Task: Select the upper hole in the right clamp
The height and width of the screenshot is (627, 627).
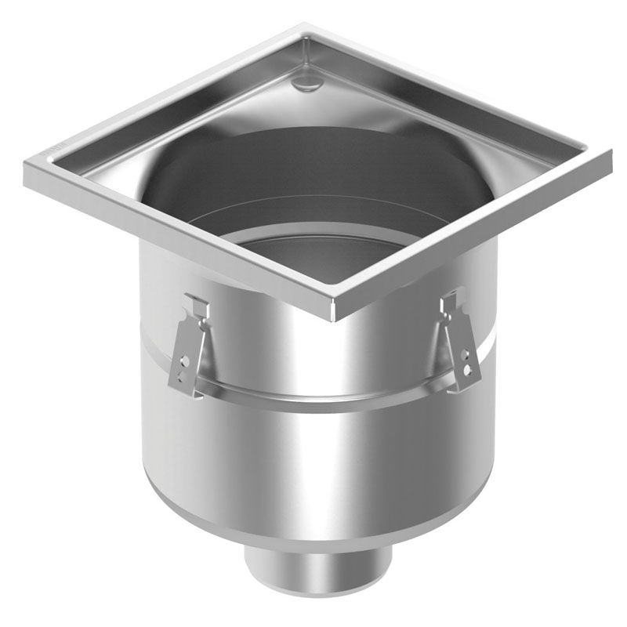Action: [x=466, y=353]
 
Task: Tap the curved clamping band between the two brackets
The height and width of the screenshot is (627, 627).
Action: [x=321, y=396]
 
